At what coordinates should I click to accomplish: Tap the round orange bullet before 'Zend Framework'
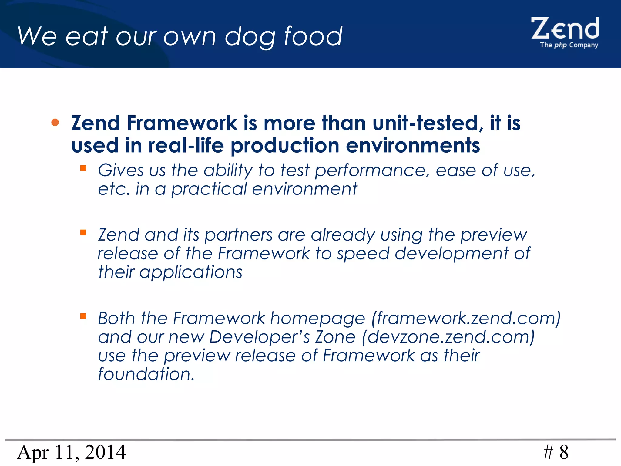(55, 122)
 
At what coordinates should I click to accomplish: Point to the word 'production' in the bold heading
(285, 146)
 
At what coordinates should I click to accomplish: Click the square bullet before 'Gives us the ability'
(83, 168)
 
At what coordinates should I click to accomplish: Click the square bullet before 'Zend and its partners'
(83, 233)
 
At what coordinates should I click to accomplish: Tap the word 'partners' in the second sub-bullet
(239, 235)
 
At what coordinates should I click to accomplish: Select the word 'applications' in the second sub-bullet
(191, 272)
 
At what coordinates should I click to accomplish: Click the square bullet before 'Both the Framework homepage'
(83, 316)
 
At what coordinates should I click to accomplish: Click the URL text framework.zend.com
(465, 318)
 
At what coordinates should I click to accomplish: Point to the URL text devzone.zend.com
(448, 337)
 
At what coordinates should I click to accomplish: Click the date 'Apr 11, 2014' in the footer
(71, 452)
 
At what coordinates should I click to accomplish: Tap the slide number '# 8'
(556, 452)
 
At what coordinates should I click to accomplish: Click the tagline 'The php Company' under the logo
(569, 45)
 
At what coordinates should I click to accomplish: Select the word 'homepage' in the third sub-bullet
(317, 319)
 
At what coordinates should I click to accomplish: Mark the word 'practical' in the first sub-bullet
(209, 189)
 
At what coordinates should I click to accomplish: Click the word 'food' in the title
(313, 36)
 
